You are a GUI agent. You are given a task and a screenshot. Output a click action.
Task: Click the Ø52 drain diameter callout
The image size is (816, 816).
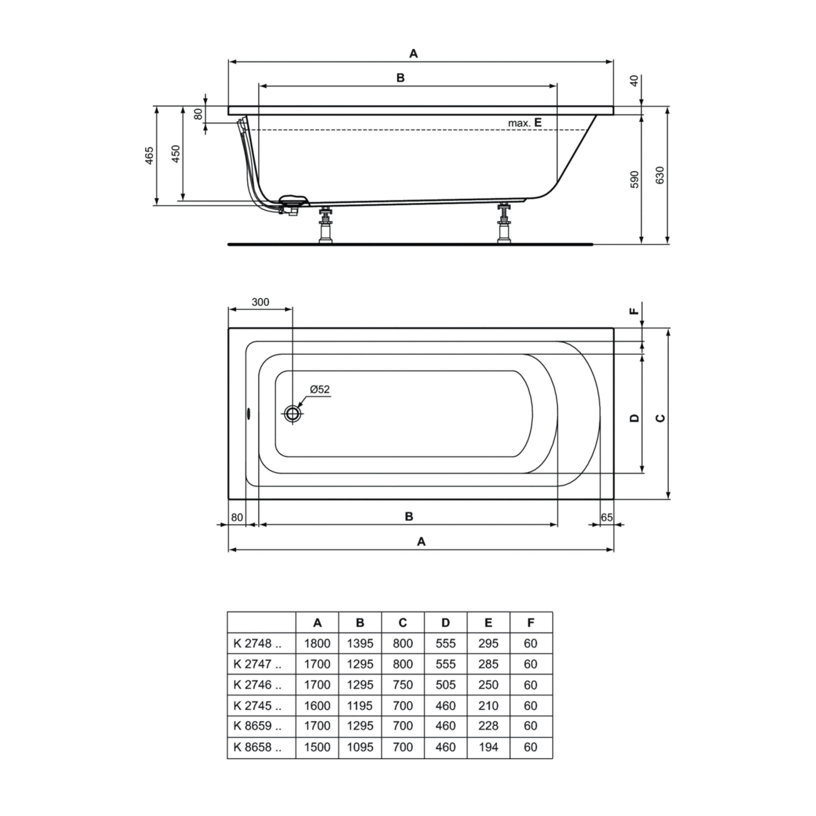(320, 389)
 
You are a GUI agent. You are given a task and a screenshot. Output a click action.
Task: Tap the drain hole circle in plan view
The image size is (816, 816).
(292, 414)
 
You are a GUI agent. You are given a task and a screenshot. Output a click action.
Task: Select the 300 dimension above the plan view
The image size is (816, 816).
(260, 302)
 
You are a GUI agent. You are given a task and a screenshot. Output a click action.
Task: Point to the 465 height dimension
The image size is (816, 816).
(149, 155)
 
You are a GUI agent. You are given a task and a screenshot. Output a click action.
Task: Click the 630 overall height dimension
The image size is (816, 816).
(660, 175)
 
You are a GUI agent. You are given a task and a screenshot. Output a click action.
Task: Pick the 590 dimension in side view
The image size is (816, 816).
(635, 180)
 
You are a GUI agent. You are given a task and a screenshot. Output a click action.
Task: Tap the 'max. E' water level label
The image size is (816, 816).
(525, 123)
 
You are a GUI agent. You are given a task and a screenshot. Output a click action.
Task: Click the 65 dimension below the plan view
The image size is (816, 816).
(606, 517)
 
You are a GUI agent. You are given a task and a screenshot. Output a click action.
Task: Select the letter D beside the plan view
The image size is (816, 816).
(635, 418)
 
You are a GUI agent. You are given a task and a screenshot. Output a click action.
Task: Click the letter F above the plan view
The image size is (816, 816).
(634, 311)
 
